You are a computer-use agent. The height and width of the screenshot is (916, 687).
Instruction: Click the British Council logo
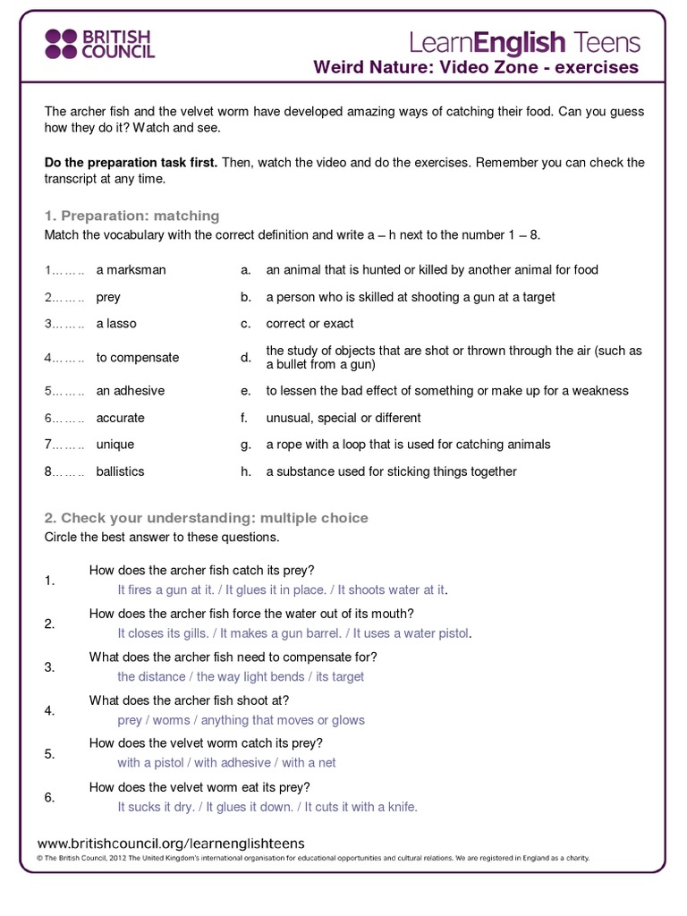(99, 43)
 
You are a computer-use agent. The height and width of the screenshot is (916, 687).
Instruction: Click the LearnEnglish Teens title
(524, 41)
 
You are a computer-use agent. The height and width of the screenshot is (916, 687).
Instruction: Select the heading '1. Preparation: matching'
(131, 216)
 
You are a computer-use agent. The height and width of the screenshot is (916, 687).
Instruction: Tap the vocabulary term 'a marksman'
(131, 270)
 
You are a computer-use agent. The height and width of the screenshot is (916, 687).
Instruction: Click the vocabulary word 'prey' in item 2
(108, 297)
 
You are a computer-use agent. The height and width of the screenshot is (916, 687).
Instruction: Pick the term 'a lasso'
(116, 324)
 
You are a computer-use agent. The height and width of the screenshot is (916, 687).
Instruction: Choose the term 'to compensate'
(137, 358)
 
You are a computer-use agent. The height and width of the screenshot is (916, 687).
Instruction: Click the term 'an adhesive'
(130, 391)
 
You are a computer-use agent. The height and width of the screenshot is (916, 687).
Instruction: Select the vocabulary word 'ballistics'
(120, 471)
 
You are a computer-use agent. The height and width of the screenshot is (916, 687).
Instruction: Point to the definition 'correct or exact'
(310, 324)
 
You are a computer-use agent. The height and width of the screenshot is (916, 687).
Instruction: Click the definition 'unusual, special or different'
(343, 418)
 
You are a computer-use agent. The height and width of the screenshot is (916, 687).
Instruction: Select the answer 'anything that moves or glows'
(283, 720)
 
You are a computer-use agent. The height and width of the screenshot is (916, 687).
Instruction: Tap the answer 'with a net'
(309, 763)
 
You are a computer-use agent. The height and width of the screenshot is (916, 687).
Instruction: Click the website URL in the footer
(171, 844)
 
